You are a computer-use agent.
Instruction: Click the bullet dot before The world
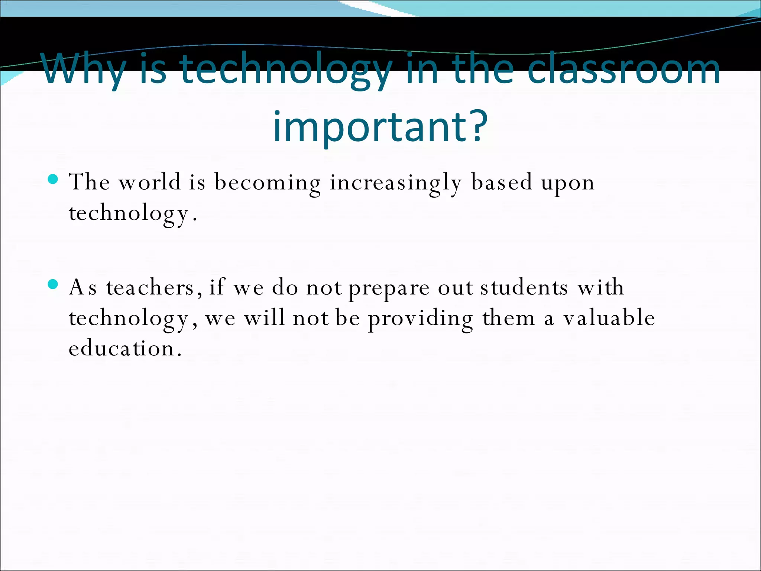click(53, 180)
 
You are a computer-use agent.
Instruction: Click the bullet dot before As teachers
click(53, 285)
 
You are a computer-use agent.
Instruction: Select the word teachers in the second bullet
click(150, 288)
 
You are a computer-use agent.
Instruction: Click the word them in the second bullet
click(509, 318)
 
